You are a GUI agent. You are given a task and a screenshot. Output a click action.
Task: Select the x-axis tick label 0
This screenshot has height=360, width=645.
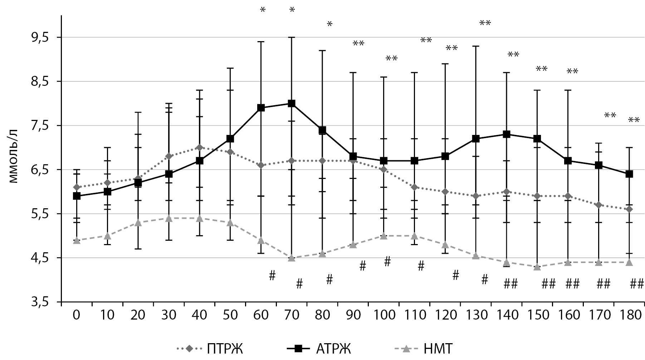(77, 315)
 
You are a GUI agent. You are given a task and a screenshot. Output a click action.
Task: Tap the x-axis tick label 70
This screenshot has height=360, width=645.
(292, 315)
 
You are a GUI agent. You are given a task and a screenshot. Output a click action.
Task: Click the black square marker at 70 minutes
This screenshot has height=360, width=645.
(292, 104)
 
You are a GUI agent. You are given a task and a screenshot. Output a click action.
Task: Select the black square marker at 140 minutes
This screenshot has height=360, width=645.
(506, 135)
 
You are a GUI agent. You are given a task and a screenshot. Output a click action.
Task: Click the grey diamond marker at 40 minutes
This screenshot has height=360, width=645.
(200, 147)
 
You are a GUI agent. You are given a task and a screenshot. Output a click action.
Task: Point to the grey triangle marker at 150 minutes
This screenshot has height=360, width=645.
(537, 267)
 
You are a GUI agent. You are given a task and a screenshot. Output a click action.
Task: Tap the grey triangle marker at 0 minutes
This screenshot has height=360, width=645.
(77, 240)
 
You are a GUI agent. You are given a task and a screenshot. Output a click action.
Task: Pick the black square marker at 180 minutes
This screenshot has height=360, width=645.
(629, 174)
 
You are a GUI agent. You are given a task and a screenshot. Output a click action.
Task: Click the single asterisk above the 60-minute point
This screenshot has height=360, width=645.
(263, 10)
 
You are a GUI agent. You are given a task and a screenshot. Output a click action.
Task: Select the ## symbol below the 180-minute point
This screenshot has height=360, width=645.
(636, 284)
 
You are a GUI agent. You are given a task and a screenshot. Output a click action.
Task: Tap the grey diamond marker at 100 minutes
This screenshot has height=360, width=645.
(383, 170)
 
